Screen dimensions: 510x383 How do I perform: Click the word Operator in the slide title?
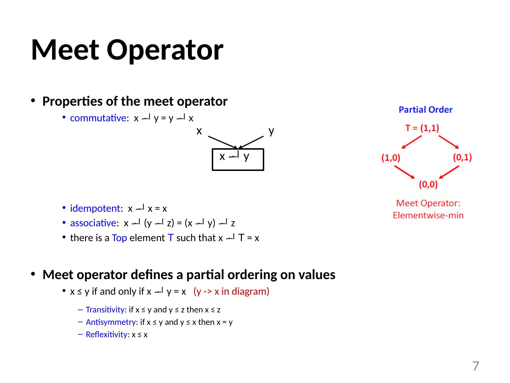click(x=165, y=50)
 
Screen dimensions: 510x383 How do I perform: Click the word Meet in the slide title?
click(x=66, y=50)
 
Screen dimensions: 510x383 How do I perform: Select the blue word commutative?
click(x=98, y=118)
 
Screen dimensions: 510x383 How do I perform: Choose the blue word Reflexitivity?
click(x=106, y=334)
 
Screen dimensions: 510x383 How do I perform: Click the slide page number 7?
click(x=476, y=366)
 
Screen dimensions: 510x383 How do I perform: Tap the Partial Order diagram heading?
click(x=425, y=110)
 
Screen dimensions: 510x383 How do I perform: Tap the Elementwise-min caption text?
click(x=428, y=215)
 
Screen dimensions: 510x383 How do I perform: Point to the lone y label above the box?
click(x=271, y=131)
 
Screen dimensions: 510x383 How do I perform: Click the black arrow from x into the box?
click(x=222, y=142)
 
